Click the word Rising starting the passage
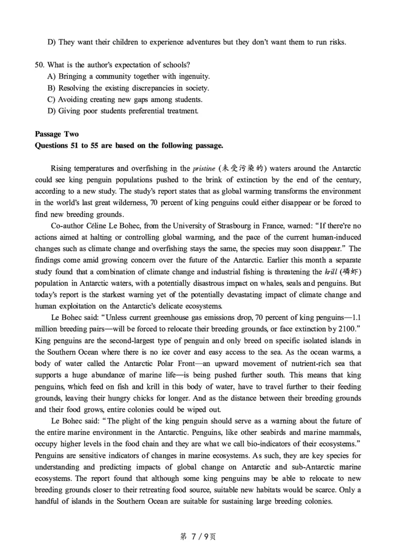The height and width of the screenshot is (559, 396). point(61,169)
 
